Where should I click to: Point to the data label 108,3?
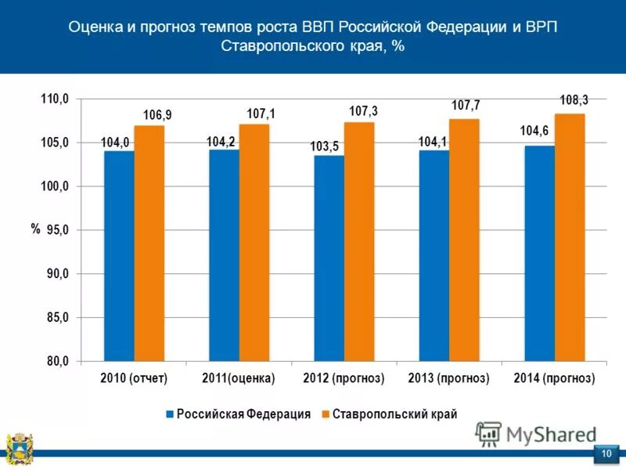(574, 100)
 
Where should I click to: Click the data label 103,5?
(324, 146)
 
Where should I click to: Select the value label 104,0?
(115, 143)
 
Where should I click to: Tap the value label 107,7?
(466, 105)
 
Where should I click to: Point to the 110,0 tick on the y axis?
(56, 99)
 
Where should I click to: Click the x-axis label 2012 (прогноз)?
(344, 378)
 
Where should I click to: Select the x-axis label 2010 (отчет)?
(135, 378)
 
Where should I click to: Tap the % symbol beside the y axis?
(35, 229)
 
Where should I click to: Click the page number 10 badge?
(606, 454)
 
